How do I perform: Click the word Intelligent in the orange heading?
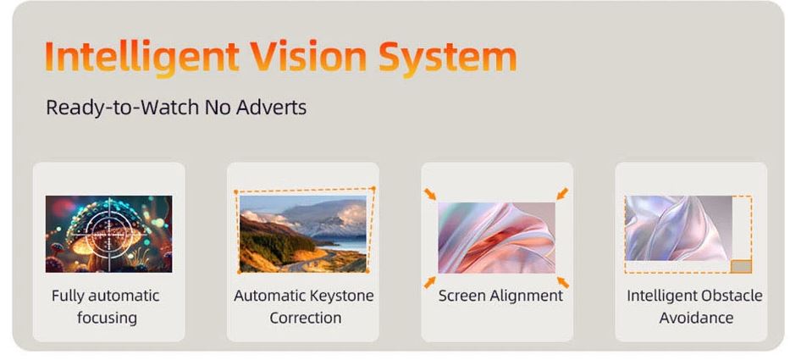tap(142, 57)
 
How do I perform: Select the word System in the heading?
tap(448, 58)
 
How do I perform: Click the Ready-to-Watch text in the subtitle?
tap(123, 108)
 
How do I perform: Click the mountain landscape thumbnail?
tap(303, 234)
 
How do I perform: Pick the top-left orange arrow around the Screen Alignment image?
tap(430, 194)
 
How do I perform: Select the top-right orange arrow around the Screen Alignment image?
tap(563, 194)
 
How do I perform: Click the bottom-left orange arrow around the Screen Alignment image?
tap(430, 282)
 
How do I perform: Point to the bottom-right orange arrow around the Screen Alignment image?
tap(563, 282)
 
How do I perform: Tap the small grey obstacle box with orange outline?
tap(741, 266)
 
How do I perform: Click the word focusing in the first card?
tap(107, 318)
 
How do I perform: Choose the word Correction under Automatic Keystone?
tap(306, 318)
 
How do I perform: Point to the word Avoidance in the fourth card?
tap(696, 318)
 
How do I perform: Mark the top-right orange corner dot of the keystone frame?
tap(373, 189)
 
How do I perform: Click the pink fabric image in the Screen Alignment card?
tap(496, 238)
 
